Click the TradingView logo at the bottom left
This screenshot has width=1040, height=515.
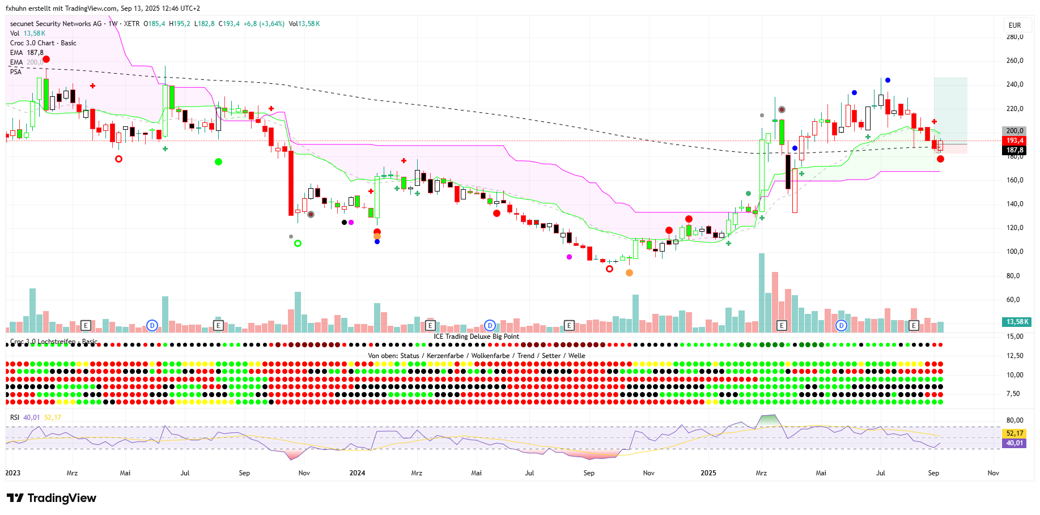pyautogui.click(x=52, y=498)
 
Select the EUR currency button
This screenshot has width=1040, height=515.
pyautogui.click(x=1014, y=25)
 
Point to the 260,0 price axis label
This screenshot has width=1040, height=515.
pyautogui.click(x=1014, y=61)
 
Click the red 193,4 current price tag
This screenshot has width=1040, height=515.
pyautogui.click(x=1014, y=141)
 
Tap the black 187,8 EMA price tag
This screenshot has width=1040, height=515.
pyautogui.click(x=1014, y=150)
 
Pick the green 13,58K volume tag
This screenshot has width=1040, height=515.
pyautogui.click(x=1017, y=322)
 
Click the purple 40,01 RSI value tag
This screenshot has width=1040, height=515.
pyautogui.click(x=1014, y=443)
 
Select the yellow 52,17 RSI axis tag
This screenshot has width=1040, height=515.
pyautogui.click(x=1014, y=433)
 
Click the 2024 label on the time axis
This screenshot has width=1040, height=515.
pyautogui.click(x=357, y=473)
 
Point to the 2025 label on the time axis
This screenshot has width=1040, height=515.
pyautogui.click(x=708, y=473)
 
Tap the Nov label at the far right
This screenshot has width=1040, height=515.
pyautogui.click(x=993, y=473)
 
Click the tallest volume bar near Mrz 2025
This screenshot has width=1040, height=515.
pyautogui.click(x=762, y=295)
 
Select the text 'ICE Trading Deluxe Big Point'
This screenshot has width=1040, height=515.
pyautogui.click(x=476, y=337)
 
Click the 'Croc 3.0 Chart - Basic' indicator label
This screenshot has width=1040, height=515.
pyautogui.click(x=43, y=43)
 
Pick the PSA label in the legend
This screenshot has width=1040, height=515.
pyautogui.click(x=16, y=72)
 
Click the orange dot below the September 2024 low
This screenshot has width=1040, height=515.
pyautogui.click(x=629, y=273)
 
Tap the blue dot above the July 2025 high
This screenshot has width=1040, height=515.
pyautogui.click(x=888, y=80)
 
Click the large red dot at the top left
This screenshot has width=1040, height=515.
pyautogui.click(x=46, y=59)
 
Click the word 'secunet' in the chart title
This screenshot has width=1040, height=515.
pyautogui.click(x=22, y=24)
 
